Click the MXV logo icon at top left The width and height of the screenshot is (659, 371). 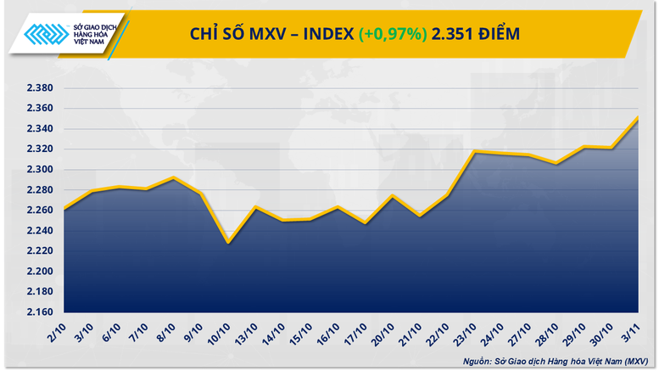(x=42, y=33)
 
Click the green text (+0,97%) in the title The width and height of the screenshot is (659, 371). (x=393, y=34)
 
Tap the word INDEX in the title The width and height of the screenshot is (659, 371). (x=322, y=34)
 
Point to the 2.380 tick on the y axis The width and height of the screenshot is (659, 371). (x=37, y=88)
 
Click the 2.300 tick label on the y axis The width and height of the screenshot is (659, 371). (x=37, y=170)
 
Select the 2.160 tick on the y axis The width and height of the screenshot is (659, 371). (x=37, y=312)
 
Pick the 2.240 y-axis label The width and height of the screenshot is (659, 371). (x=37, y=231)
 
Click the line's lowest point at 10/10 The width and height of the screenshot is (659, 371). (x=227, y=243)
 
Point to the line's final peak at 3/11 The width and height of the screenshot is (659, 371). (x=638, y=117)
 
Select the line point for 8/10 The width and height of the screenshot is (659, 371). (x=173, y=177)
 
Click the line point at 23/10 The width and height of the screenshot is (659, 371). (x=476, y=151)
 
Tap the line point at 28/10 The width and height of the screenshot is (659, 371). (x=556, y=163)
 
